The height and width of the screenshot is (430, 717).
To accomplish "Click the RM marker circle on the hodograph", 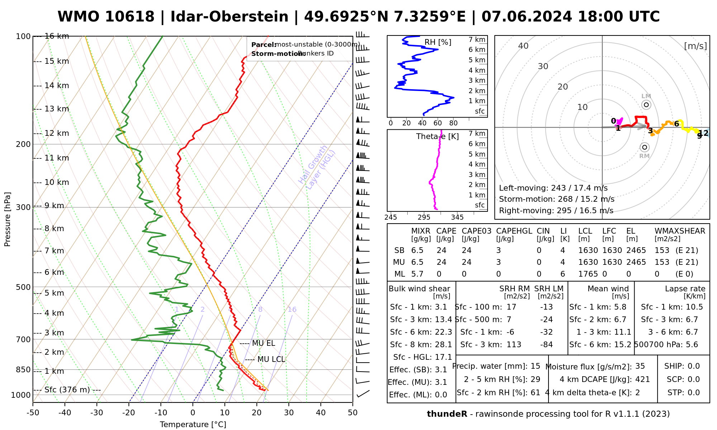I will (645, 147).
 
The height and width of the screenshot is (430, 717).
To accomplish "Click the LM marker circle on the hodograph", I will (646, 105).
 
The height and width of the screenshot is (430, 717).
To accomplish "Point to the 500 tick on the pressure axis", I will (24, 287).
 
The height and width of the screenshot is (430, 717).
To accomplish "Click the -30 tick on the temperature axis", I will (97, 413).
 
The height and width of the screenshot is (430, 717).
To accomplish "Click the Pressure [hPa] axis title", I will (8, 219).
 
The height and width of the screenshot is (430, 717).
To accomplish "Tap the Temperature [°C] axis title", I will (193, 425).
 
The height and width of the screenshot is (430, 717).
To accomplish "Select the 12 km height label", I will (57, 133).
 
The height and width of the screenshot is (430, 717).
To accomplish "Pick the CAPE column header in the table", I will (446, 231).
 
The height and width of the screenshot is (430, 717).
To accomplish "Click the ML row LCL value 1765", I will (588, 274).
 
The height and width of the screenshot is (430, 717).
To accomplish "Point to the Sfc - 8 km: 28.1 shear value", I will (421, 345).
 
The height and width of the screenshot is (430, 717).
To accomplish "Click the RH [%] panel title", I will (438, 42).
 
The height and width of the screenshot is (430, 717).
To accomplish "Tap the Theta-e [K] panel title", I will (437, 137).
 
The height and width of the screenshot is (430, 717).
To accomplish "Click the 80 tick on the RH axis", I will (454, 123).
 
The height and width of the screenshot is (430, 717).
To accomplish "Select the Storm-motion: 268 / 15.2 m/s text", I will (556, 199).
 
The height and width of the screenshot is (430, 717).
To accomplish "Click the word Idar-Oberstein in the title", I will (229, 17).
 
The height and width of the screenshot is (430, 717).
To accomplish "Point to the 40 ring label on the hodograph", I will (523, 46).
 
